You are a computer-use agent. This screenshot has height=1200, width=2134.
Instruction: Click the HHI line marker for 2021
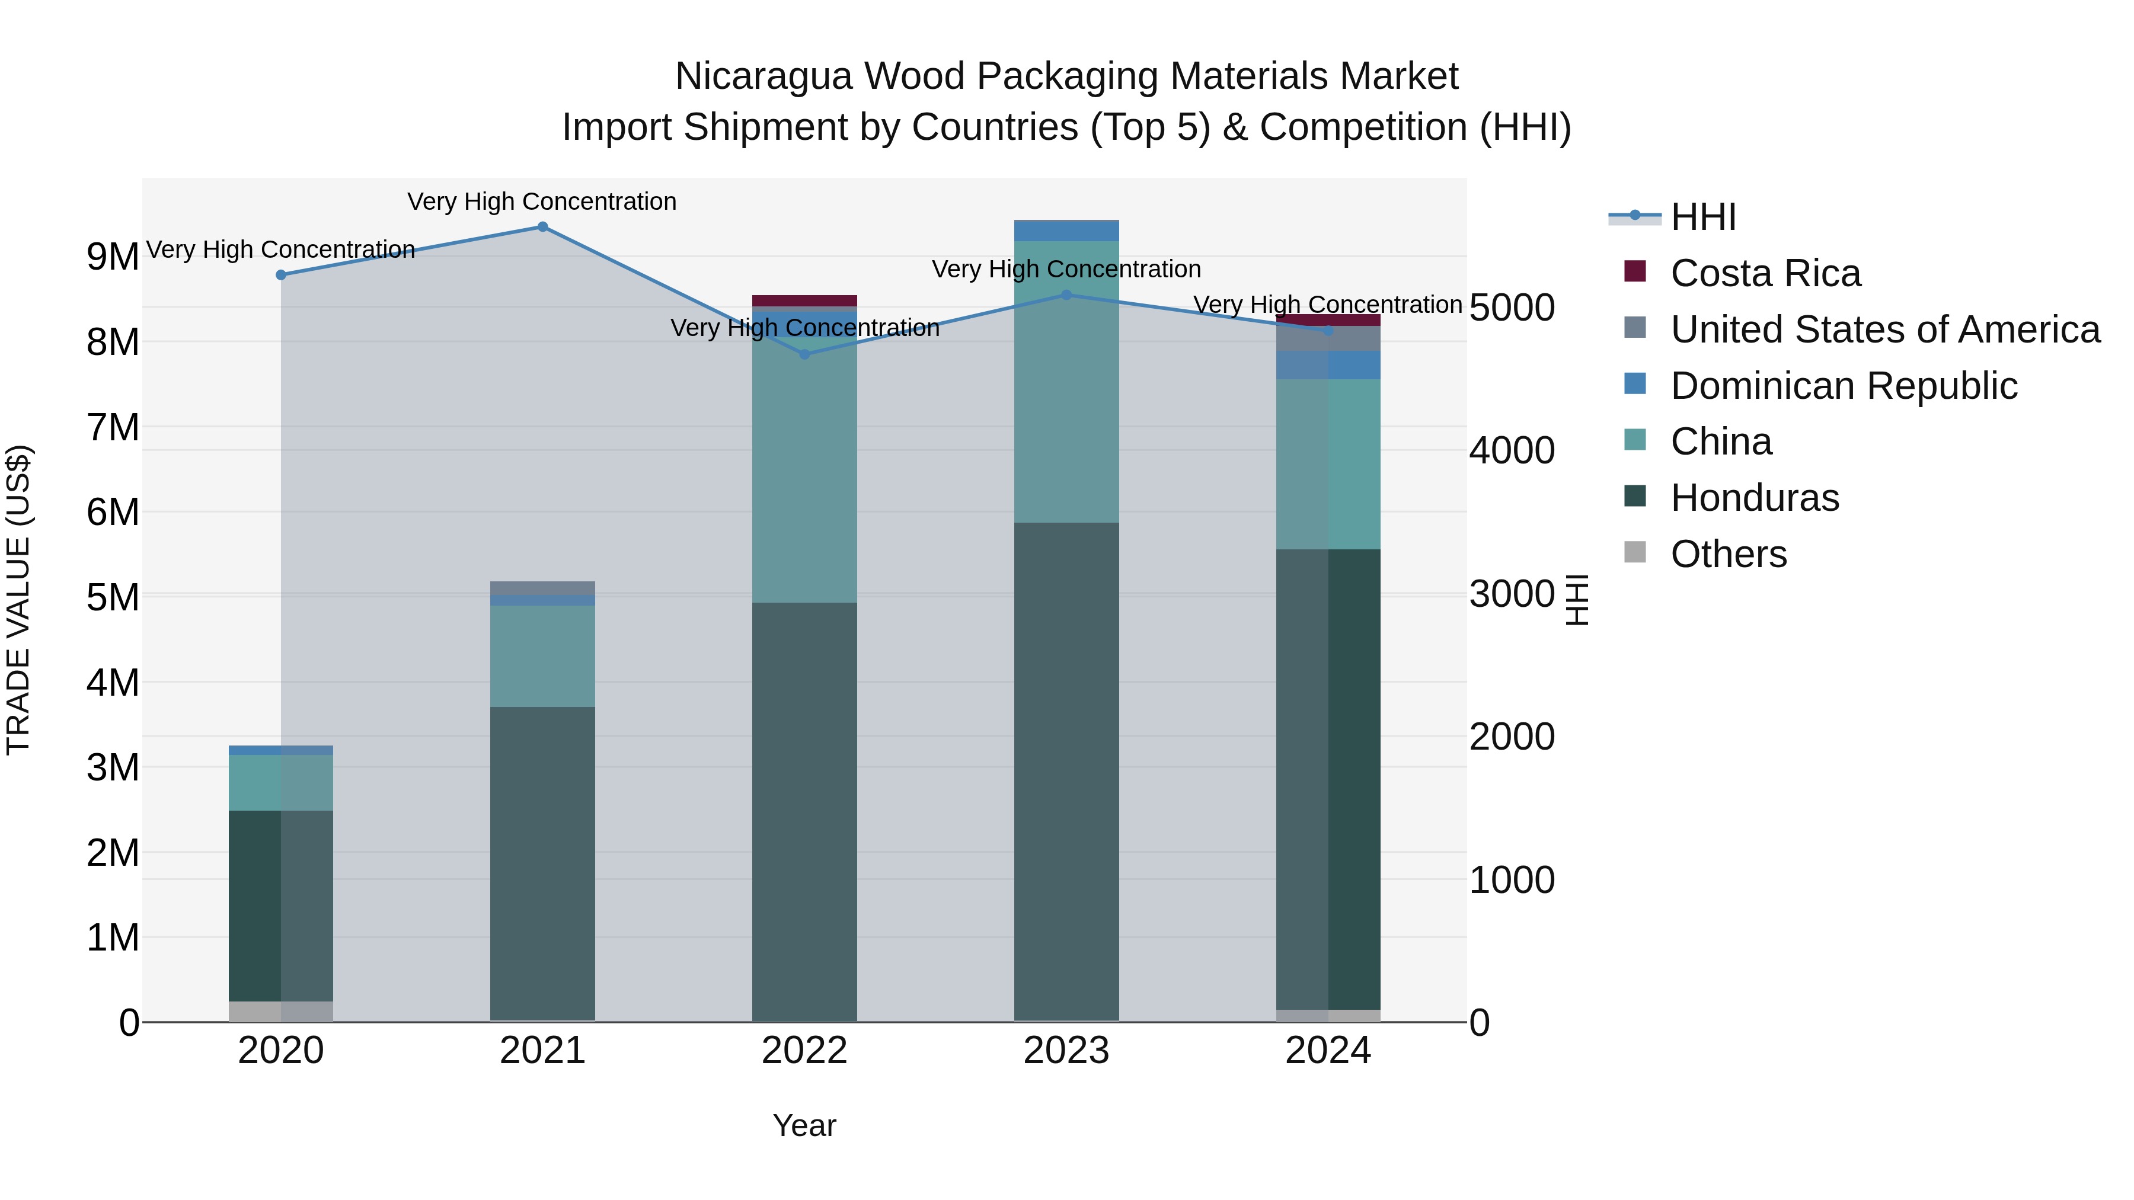click(542, 227)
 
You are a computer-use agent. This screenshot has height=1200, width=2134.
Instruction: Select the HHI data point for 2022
click(804, 354)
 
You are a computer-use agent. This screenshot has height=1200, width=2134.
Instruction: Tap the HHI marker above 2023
click(1067, 295)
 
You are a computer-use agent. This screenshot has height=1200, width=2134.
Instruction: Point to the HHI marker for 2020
click(281, 275)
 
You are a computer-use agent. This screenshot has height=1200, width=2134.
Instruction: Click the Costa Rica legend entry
click(1765, 273)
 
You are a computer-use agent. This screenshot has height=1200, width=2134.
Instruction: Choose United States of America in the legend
click(1884, 329)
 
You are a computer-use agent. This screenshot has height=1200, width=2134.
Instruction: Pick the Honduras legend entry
click(1755, 498)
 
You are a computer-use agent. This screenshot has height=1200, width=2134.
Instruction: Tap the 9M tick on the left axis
click(113, 257)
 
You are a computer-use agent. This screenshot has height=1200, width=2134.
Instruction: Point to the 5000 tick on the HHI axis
click(1512, 308)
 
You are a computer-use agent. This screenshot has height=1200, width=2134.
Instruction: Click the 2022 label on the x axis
click(804, 1051)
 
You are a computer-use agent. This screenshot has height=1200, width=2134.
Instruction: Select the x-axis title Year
click(804, 1125)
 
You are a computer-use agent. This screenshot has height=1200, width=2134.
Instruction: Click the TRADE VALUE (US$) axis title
click(19, 600)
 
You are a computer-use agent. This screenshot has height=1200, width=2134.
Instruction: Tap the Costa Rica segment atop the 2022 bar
click(804, 300)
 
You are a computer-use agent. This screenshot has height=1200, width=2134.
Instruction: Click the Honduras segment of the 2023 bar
click(1067, 770)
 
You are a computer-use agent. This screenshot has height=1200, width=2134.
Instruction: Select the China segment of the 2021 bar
click(542, 656)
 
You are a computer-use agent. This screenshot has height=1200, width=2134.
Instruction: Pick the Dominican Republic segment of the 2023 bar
click(1067, 231)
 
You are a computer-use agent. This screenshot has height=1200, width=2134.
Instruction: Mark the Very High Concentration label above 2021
click(542, 201)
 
